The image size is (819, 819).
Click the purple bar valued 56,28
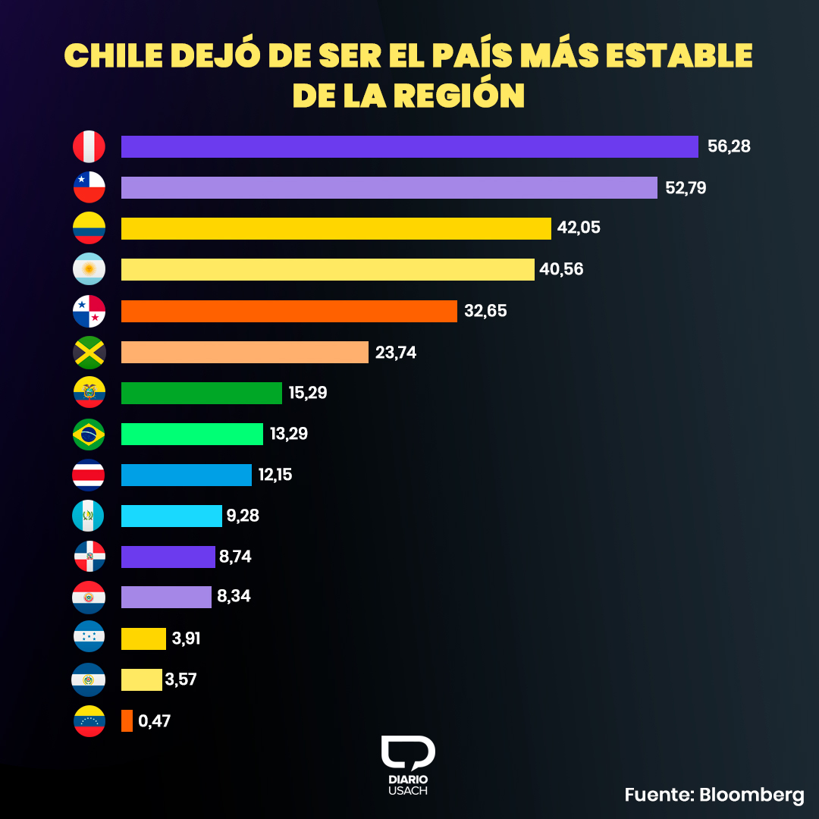click(x=409, y=146)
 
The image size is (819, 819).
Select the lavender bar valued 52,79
click(x=389, y=187)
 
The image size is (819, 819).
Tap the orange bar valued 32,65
click(x=289, y=311)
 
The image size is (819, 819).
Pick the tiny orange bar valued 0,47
click(x=127, y=720)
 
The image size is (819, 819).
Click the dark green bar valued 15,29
click(x=202, y=393)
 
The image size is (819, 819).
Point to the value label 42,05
click(x=579, y=227)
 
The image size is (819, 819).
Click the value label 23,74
click(x=395, y=352)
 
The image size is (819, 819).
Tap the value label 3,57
click(x=180, y=679)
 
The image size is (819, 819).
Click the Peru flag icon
click(x=89, y=146)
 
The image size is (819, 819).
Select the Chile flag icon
click(x=89, y=187)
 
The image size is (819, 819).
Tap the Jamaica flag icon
click(x=89, y=352)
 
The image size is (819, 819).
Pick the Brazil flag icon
click(x=89, y=434)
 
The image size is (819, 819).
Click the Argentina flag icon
click(x=89, y=269)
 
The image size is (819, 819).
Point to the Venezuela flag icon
click(x=89, y=720)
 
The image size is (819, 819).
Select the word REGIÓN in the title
click(x=462, y=96)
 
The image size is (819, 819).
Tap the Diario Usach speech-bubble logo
click(x=408, y=753)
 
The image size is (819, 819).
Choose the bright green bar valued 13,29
click(x=192, y=434)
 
